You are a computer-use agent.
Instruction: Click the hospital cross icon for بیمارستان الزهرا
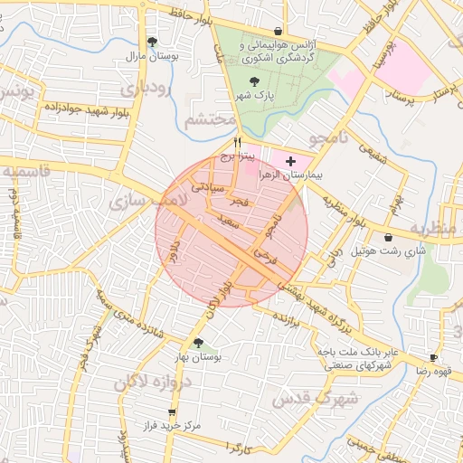(289, 161)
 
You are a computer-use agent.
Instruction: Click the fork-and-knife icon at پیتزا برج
(237, 143)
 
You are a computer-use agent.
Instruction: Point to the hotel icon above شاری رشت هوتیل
(389, 237)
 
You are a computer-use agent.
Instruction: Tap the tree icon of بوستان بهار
(198, 343)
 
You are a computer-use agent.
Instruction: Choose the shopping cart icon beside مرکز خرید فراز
(172, 412)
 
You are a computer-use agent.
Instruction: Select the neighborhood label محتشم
(209, 119)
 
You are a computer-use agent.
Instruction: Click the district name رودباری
(145, 90)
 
